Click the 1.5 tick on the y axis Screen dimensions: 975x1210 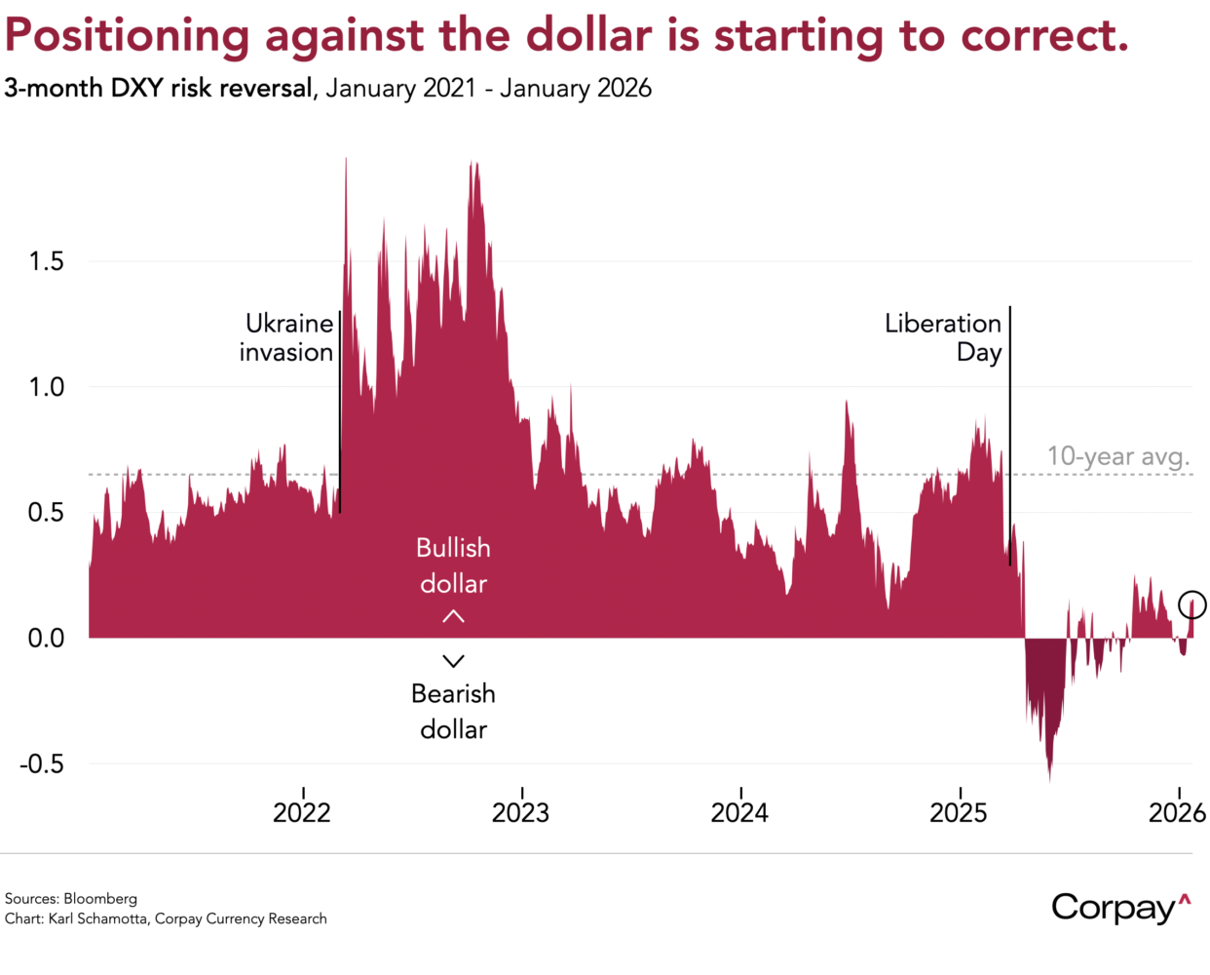[46, 261]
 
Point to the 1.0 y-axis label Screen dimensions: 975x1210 [46, 387]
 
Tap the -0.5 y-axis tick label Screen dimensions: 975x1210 [42, 763]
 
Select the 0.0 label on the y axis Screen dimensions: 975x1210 [46, 639]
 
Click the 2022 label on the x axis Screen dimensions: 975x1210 [302, 812]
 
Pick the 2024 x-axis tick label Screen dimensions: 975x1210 [739, 812]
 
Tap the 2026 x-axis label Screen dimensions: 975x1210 [1177, 812]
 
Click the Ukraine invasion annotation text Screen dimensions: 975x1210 [287, 337]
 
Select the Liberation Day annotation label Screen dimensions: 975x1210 [943, 337]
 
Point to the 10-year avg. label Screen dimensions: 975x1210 [1118, 456]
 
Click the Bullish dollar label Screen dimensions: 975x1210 [453, 565]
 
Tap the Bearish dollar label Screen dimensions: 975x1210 [453, 711]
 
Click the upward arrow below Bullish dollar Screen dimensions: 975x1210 [453, 616]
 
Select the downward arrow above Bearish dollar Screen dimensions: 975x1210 [453, 661]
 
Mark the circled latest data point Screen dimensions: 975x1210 [1191, 604]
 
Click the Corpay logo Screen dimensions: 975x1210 [1120, 907]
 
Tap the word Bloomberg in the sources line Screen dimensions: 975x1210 [100, 899]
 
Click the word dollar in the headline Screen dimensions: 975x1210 [588, 35]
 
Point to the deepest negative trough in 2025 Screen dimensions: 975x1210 [1049, 778]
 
